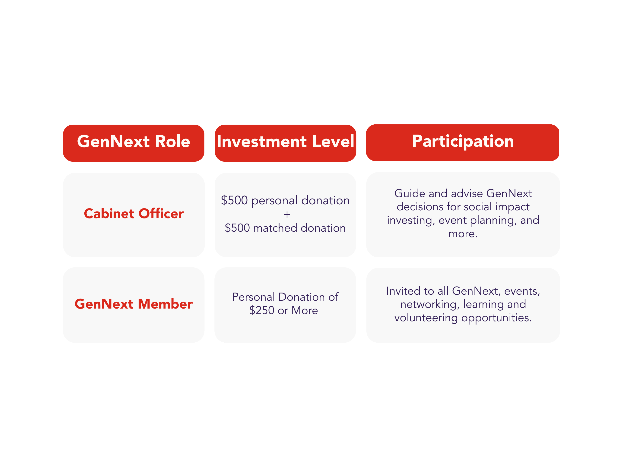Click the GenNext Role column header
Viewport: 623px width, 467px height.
133,143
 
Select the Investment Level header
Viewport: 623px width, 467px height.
285,143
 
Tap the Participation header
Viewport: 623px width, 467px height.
462,143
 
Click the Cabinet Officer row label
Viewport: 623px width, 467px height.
134,214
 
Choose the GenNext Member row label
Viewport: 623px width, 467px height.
133,304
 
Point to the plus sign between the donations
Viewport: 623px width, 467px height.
287,215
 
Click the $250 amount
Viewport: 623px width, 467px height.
262,310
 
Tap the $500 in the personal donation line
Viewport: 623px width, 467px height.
234,200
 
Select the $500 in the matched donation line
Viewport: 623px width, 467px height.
237,228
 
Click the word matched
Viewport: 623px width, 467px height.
275,228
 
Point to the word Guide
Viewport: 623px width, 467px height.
410,193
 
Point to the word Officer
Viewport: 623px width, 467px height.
161,214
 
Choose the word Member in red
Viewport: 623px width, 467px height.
165,304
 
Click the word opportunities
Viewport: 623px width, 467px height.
496,318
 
